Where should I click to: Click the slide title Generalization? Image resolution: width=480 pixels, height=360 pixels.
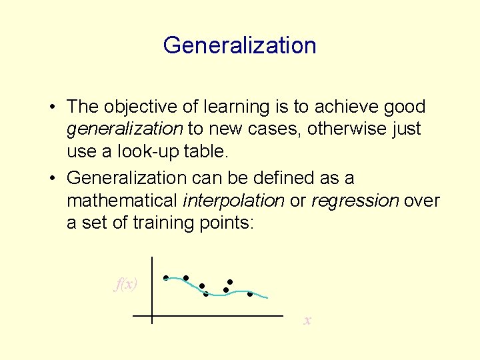239,45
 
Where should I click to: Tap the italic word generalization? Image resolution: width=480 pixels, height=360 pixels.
125,129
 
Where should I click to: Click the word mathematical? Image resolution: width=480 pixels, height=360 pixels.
122,201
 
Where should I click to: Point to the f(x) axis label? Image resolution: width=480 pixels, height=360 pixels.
126,285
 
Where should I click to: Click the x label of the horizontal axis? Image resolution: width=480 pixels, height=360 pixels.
307,321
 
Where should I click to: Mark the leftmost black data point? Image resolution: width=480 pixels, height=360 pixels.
165,277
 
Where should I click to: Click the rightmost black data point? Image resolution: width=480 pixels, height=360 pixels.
250,293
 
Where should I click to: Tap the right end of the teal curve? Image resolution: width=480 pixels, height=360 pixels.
267,297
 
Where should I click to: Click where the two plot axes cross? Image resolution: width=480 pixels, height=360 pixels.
152,315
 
